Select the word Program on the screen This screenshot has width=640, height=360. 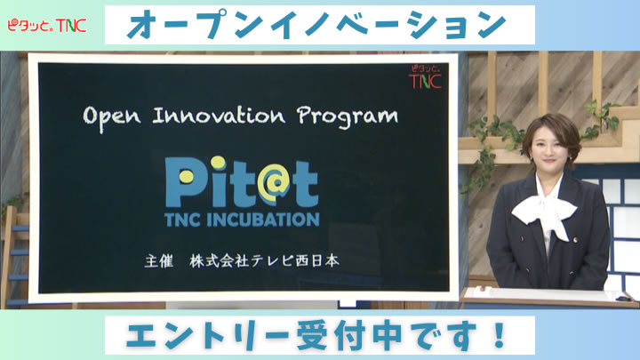pos(348,116)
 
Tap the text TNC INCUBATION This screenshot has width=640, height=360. pos(241,219)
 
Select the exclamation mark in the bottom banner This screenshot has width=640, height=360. pos(500,337)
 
